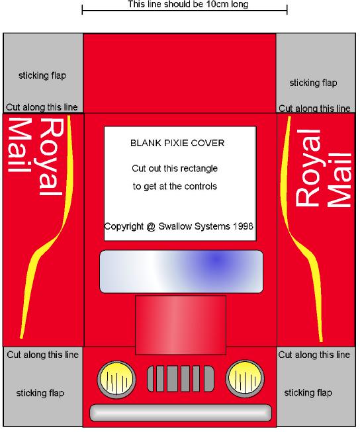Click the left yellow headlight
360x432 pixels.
coord(116,380)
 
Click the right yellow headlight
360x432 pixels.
coord(245,379)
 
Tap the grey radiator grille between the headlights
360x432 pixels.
coord(181,379)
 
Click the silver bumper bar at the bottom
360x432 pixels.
coord(181,413)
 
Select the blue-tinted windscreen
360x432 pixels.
coord(181,271)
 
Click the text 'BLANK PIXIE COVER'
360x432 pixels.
coord(177,143)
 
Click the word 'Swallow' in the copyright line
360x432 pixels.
coord(175,226)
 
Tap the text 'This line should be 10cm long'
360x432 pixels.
coord(188,5)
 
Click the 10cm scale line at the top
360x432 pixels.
coord(185,11)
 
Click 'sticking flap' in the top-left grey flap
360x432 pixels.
coord(42,75)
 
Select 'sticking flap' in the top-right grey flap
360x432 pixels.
coord(313,83)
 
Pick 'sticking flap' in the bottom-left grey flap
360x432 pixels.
coord(40,393)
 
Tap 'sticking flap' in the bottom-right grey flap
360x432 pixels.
coord(308,392)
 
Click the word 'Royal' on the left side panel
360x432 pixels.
coord(51,157)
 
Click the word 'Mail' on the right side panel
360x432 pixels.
coord(339,180)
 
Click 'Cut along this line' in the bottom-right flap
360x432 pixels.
coord(314,355)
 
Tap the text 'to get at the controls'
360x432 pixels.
coord(175,187)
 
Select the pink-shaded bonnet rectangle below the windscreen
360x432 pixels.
coord(181,325)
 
